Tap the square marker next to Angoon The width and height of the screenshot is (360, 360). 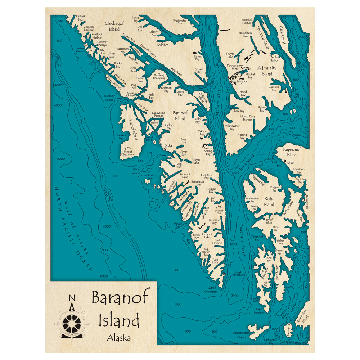231,82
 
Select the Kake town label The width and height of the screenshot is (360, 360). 290,163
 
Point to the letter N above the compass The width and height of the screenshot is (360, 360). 72,298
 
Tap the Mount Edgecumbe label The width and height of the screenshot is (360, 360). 128,153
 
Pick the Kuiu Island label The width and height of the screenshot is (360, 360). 269,202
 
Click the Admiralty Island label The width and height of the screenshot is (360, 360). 267,71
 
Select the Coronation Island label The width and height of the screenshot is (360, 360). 241,335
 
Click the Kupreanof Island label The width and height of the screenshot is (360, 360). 292,152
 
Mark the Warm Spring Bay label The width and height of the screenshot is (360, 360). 208,150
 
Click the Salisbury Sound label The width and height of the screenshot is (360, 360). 109,98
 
